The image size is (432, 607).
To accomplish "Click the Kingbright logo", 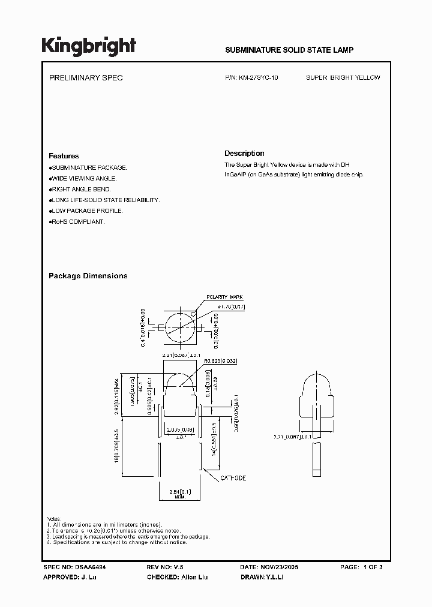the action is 88,47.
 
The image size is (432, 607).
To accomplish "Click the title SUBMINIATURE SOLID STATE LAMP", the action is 289,50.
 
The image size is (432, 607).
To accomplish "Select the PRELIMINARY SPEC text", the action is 85,78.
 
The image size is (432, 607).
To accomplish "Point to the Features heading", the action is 64,156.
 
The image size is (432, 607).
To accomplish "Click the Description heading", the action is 244,154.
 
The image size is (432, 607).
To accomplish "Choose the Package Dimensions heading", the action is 88,276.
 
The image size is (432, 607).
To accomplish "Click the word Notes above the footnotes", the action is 54,518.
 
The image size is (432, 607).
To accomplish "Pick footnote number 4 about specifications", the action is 117,542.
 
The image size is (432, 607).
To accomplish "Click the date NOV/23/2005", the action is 278,567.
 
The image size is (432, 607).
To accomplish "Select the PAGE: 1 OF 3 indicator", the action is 361,567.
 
